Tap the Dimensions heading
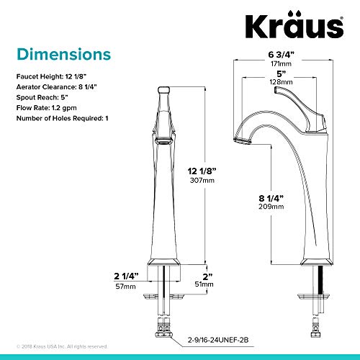(x=64, y=55)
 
